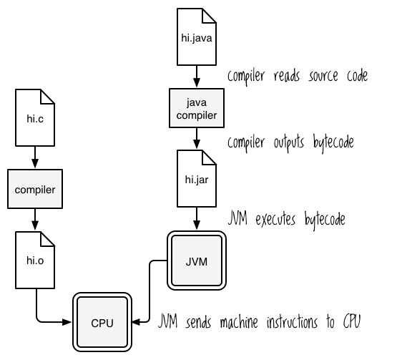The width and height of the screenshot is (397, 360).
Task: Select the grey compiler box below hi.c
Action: tap(34, 190)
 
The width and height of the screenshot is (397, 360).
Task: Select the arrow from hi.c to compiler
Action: tap(34, 157)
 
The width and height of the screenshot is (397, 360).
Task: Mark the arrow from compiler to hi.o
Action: tap(34, 222)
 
